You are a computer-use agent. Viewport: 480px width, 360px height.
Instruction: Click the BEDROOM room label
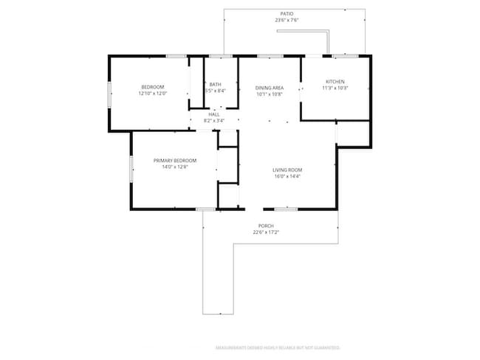pos(153,87)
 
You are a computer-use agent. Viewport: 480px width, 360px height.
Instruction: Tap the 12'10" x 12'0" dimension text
pos(153,94)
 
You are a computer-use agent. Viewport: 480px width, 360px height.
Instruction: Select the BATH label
pos(215,84)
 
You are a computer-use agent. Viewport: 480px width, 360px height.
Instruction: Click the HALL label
pos(213,114)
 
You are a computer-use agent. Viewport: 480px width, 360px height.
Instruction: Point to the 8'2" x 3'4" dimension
pos(213,120)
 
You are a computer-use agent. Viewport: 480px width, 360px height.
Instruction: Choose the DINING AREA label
pos(270,87)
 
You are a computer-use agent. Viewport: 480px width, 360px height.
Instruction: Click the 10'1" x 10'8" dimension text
pos(270,94)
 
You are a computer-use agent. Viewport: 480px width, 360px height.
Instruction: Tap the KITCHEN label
pos(335,81)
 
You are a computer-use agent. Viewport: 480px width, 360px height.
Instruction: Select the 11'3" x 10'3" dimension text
pos(335,88)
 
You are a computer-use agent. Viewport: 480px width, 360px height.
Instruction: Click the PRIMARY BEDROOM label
pos(175,160)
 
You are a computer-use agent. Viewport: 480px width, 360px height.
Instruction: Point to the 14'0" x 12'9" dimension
pos(175,167)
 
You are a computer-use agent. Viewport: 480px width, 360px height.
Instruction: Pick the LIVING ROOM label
pos(289,170)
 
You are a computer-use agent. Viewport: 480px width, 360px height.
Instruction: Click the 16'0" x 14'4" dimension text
pos(289,176)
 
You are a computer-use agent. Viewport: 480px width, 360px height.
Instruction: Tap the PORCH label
pos(266,226)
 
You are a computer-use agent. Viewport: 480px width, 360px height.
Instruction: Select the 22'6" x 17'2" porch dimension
pos(266,232)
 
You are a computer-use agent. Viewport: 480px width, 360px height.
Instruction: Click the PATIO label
pos(287,14)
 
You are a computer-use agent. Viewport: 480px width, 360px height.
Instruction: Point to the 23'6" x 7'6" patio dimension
pos(287,21)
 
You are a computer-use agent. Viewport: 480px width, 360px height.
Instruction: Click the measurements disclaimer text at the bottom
pos(278,347)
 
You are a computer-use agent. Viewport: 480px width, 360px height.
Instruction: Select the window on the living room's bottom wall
pos(286,210)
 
